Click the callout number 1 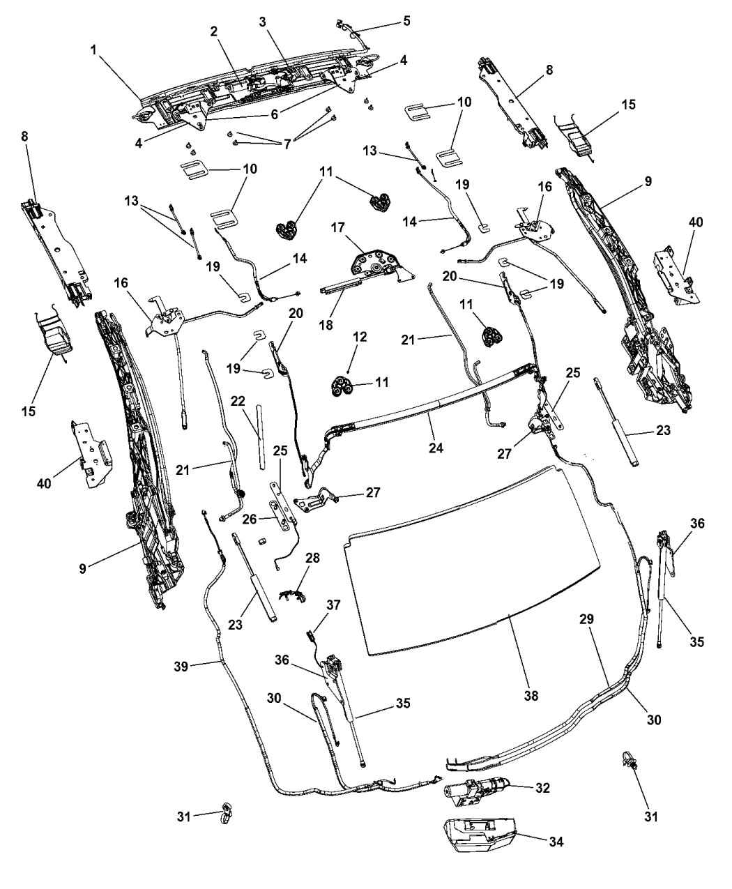93,50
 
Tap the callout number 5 406,21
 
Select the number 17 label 338,228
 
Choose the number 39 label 181,667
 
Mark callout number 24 436,448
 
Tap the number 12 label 360,337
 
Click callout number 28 312,558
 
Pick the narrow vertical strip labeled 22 259,437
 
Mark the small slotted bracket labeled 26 277,515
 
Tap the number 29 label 586,619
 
